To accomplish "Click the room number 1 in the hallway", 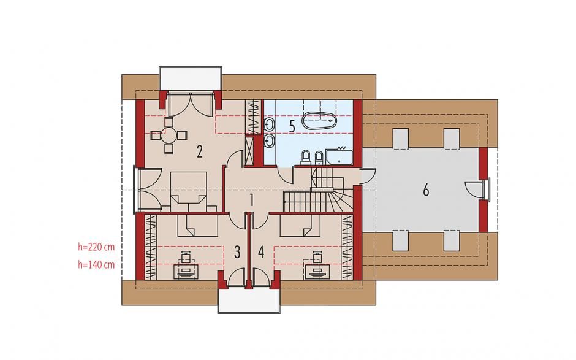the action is point(252,200).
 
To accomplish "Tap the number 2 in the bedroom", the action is point(200,151).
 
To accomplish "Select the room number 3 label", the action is point(237,252).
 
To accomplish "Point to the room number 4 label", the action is point(261,252).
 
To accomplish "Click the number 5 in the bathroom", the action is point(292,126).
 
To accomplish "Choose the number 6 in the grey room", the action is point(426,191).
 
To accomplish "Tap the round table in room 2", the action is point(169,136).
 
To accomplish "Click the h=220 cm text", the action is point(96,247).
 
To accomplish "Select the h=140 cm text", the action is point(96,264).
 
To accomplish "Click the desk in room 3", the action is point(188,271).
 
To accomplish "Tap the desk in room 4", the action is point(317,271).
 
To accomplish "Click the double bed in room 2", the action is point(189,191).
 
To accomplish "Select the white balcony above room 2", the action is point(191,78).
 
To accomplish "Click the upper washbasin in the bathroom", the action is point(269,124).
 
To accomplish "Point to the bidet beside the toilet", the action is point(319,158).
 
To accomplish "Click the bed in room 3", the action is point(198,225).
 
